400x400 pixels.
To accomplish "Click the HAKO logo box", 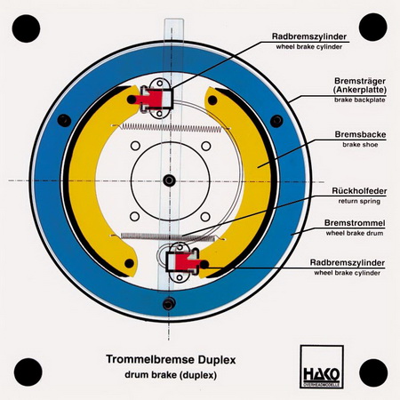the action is tap(322, 367).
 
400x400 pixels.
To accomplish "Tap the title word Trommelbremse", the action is tap(150, 359).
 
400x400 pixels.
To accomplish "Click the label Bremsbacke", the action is tap(360, 134).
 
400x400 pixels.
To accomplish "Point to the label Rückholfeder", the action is tap(359, 191).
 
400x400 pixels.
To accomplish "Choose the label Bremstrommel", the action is tap(355, 223).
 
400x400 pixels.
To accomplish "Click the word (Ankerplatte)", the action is tap(360, 90).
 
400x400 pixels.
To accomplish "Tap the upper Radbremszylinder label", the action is tap(309, 36).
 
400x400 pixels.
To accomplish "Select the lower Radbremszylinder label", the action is tap(348, 262).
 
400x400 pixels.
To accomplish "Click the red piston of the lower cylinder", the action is tap(188, 261).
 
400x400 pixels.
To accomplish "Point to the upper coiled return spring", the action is tap(172, 127).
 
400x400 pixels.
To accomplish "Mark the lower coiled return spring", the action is tap(168, 236).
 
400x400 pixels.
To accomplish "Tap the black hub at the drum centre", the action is tap(169, 180).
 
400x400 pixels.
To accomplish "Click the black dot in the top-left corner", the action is tap(26, 28).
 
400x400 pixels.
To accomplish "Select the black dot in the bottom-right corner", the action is tap(373, 372).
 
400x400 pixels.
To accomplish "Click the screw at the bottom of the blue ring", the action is tap(169, 304).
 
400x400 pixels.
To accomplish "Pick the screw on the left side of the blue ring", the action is tap(64, 121).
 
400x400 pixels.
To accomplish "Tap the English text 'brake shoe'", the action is tap(360, 145).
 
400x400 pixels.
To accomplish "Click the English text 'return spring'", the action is tap(359, 201).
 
